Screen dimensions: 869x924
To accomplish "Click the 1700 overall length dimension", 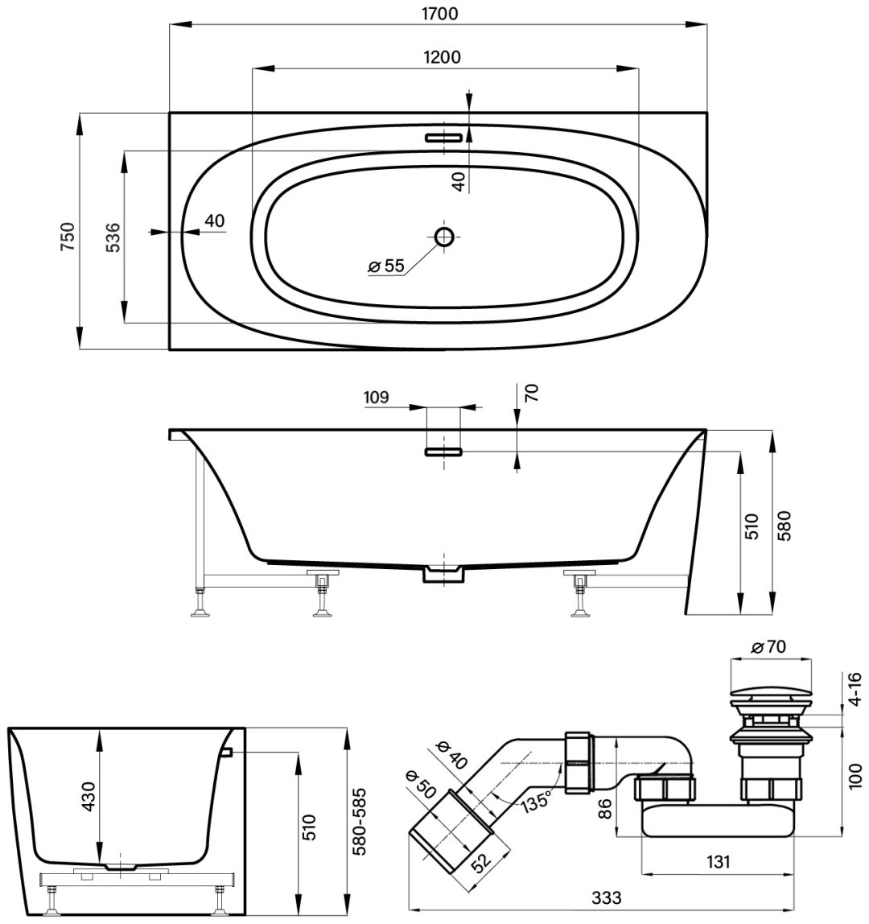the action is (x=439, y=14).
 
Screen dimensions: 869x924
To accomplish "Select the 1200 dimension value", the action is (x=442, y=57).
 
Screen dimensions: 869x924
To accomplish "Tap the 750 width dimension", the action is (x=68, y=237).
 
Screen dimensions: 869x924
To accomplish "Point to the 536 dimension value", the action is (x=113, y=237).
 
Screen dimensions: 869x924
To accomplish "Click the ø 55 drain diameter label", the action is (x=386, y=266).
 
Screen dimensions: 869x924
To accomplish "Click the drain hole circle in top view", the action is (x=444, y=237).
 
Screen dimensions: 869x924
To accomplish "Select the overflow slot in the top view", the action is (x=443, y=138).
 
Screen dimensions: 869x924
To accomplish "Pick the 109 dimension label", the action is (x=377, y=397).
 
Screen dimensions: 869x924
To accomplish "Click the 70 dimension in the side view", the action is (x=531, y=393).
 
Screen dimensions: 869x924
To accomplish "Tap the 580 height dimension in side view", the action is (x=785, y=526).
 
